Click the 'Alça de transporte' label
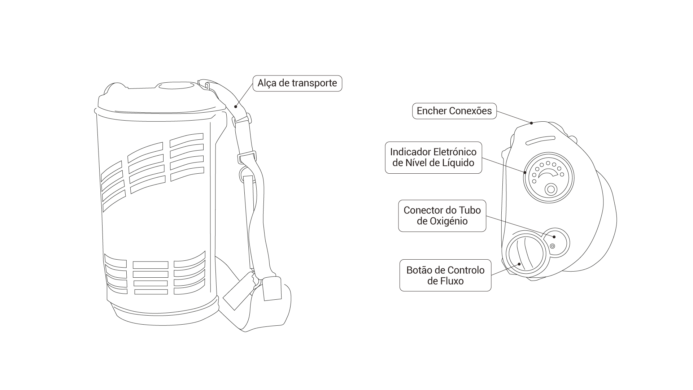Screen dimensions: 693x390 click(x=297, y=83)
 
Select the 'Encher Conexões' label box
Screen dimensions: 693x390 click(x=454, y=111)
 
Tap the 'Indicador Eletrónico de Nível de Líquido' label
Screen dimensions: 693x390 click(x=433, y=157)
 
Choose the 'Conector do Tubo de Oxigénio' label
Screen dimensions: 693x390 click(x=442, y=216)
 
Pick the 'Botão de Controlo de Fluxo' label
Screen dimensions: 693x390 click(x=445, y=275)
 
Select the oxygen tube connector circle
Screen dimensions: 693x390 click(x=556, y=242)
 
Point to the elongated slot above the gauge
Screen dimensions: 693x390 click(x=540, y=140)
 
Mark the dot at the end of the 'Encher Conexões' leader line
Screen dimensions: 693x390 click(x=531, y=123)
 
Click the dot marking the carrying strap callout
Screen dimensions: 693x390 click(x=235, y=106)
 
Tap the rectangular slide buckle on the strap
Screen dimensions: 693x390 click(x=247, y=157)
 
